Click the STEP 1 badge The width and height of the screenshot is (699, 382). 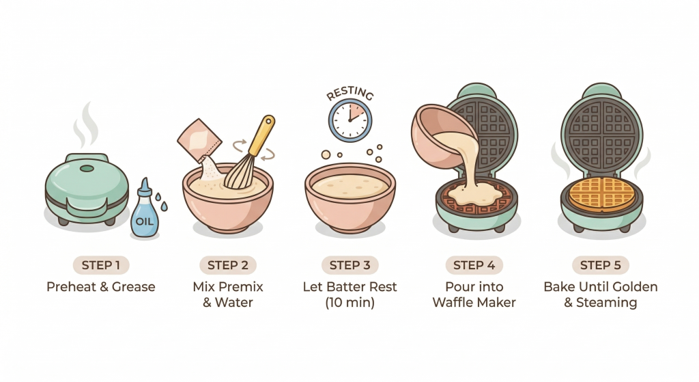[x=101, y=265]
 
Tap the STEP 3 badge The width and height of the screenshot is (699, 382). [x=350, y=265]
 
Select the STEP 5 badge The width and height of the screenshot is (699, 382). [x=601, y=265]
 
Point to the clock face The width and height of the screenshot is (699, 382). [x=350, y=120]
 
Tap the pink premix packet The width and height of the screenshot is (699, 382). [x=199, y=139]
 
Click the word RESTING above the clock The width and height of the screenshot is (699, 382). [x=350, y=93]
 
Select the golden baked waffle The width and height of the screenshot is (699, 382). [x=602, y=194]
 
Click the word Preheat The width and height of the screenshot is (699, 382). [x=72, y=286]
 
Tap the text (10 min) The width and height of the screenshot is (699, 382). [x=350, y=303]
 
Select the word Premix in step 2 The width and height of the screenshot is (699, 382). [x=241, y=286]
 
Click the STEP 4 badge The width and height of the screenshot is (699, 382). [x=474, y=265]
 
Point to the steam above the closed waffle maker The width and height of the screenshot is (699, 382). [x=85, y=126]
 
